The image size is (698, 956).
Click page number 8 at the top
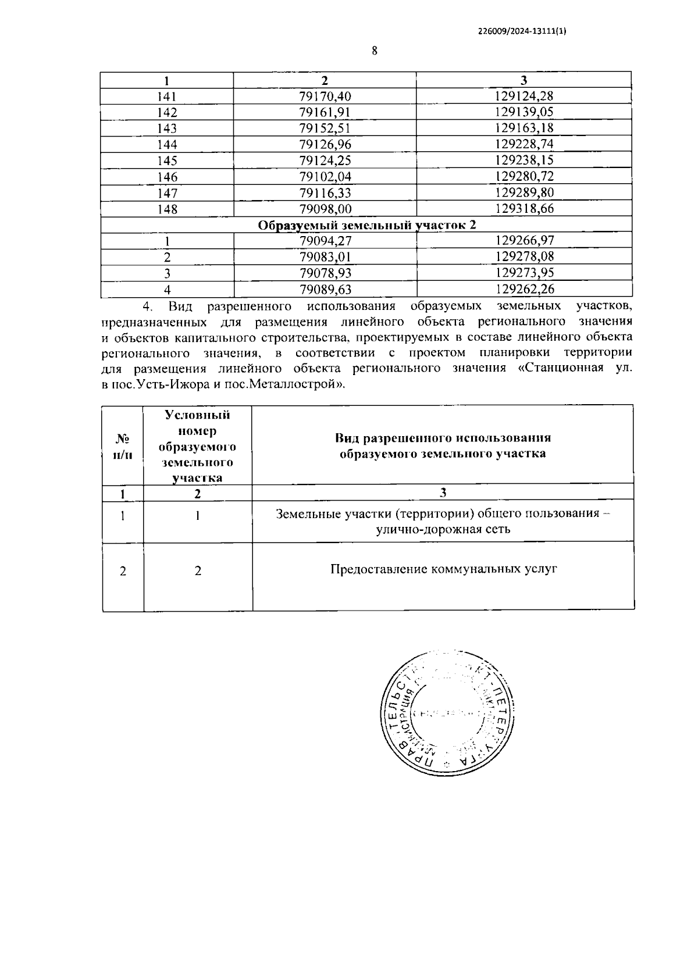375,51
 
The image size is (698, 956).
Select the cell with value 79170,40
325,96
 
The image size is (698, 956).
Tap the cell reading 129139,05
524,112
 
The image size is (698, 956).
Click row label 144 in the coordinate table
168,145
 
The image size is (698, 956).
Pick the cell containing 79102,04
325,177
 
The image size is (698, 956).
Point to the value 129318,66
524,209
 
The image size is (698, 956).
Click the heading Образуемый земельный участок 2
366,225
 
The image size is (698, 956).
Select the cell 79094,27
325,241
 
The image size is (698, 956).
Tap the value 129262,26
524,289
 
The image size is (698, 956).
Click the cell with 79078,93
325,273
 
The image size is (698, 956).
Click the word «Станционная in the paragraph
560,369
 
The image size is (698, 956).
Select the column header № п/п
123,446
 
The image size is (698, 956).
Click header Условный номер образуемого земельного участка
198,446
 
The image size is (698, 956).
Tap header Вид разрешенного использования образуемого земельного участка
443,446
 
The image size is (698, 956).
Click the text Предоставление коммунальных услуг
443,569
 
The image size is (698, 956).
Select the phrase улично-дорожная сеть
443,529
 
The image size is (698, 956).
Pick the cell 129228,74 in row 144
524,145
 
